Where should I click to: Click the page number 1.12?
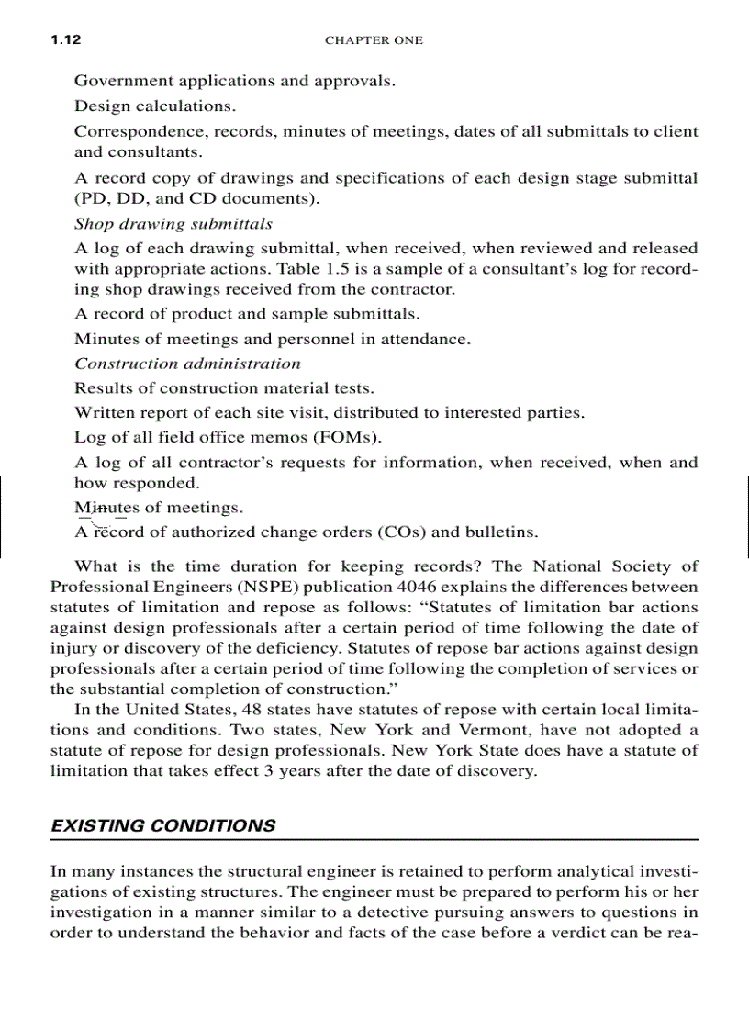point(66,40)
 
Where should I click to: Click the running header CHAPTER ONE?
point(374,40)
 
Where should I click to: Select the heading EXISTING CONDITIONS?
point(162,825)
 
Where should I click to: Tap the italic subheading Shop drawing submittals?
point(173,223)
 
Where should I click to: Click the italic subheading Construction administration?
point(187,363)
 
